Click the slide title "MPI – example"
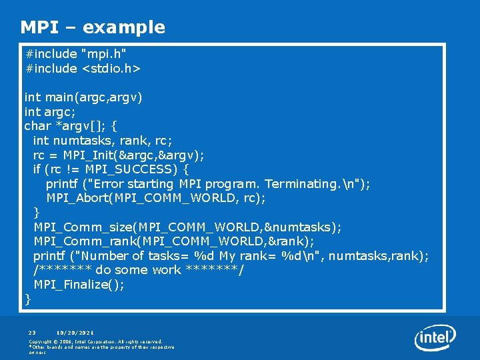[x=93, y=27]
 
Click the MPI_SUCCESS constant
[x=135, y=169]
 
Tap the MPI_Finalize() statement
[x=79, y=285]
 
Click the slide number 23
[x=32, y=332]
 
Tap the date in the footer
[x=75, y=332]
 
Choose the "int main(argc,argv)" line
[x=83, y=97]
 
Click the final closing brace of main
[x=28, y=299]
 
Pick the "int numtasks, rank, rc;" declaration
[x=103, y=141]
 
